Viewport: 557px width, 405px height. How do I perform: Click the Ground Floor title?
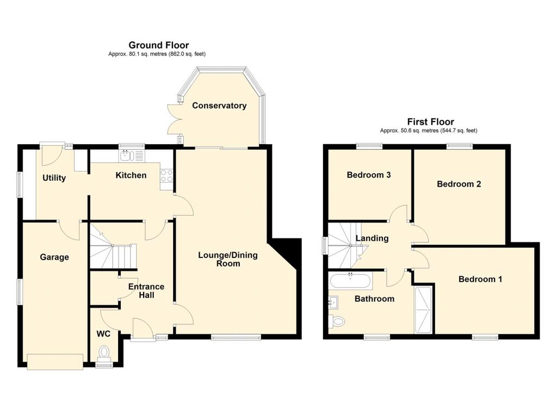click(159, 45)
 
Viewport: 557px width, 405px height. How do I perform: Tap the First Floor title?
click(431, 121)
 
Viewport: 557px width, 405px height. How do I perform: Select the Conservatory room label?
click(219, 106)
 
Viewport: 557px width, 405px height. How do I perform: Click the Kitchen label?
click(131, 175)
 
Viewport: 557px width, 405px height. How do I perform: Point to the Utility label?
click(54, 178)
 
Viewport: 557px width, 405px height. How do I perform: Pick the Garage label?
click(54, 257)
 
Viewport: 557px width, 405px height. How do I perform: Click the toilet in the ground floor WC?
click(104, 353)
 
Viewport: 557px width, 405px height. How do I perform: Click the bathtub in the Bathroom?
click(351, 280)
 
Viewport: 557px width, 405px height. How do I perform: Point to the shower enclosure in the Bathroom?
click(423, 310)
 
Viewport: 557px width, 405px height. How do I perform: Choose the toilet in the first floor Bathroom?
click(337, 322)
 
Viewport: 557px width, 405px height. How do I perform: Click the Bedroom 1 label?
click(480, 279)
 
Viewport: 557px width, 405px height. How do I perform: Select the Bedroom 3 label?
click(369, 175)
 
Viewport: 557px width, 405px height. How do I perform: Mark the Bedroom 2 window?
click(460, 145)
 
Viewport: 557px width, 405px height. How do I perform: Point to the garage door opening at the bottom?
click(55, 362)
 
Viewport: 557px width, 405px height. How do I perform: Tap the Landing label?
click(372, 238)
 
